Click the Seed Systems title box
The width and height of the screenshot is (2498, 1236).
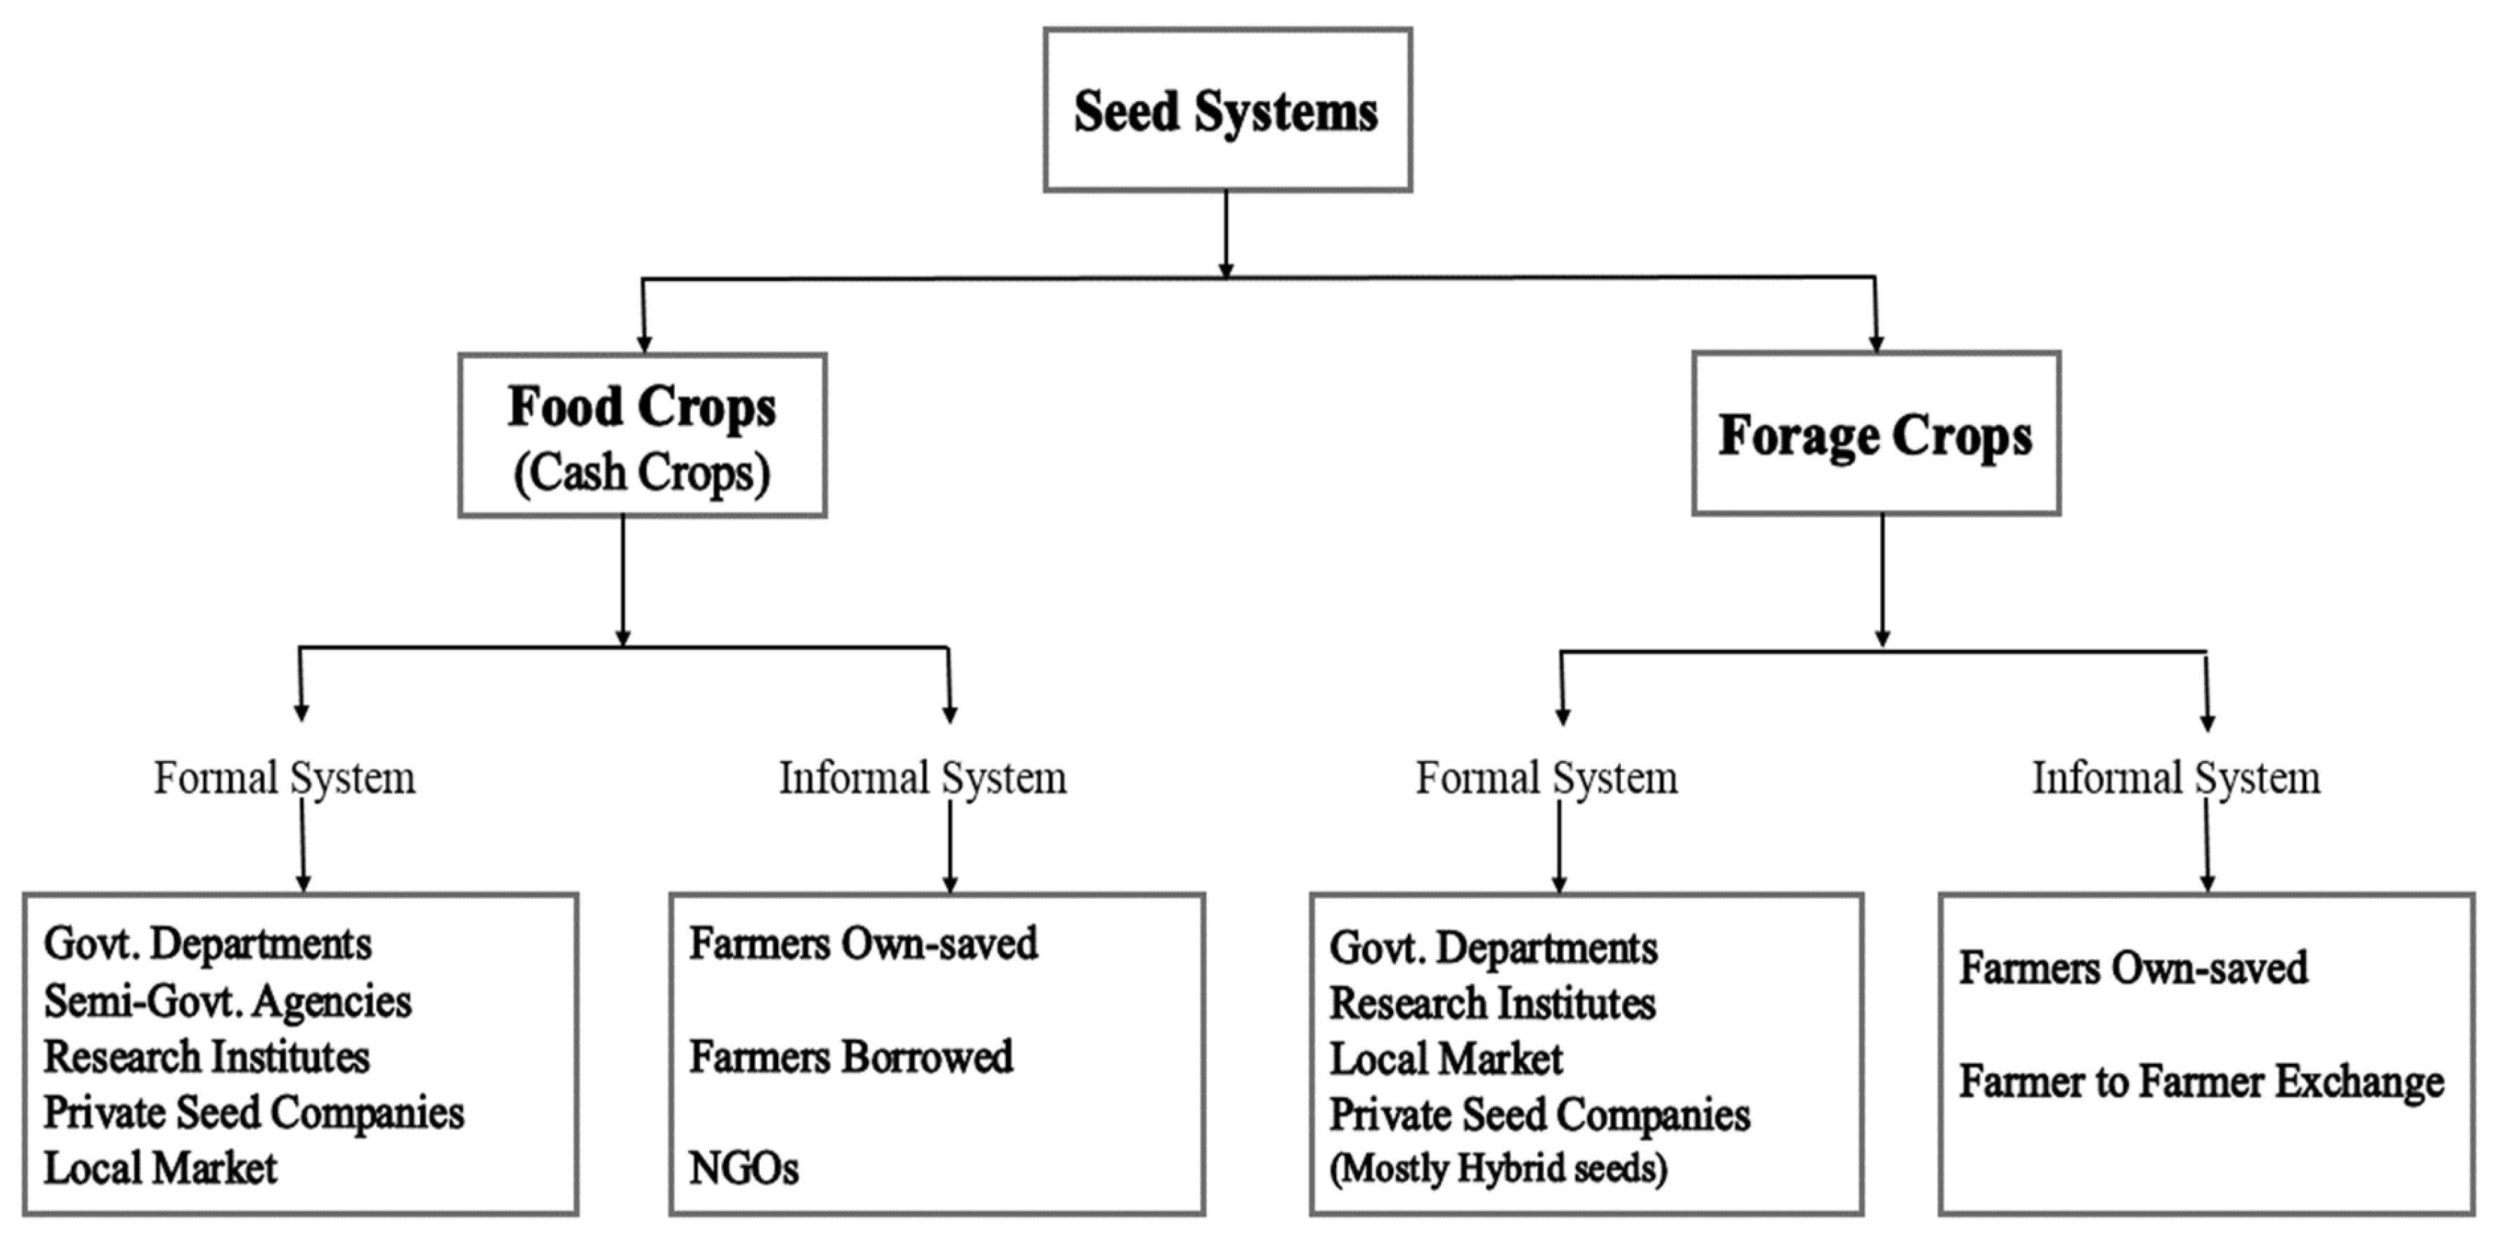coord(1227,110)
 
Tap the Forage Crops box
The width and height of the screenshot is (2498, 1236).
coord(1875,434)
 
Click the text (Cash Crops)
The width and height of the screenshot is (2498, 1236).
coord(642,473)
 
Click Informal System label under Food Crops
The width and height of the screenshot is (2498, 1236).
coord(922,777)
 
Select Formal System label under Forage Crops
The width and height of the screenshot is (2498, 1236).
coord(1546,777)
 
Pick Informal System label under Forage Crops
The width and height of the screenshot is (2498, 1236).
coord(2176,777)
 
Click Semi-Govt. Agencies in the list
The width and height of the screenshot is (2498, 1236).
coord(228,1001)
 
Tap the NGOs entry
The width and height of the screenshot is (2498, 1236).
coord(744,1168)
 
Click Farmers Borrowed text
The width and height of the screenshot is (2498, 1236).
coord(850,1057)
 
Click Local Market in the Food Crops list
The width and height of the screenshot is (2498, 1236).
coord(161,1167)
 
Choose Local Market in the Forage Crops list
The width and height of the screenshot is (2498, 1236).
coord(1446,1059)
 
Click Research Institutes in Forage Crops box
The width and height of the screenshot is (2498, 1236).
coord(1492,1003)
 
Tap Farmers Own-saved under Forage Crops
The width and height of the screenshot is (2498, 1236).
coord(2133,968)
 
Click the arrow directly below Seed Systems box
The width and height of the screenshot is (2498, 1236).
coord(1226,233)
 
